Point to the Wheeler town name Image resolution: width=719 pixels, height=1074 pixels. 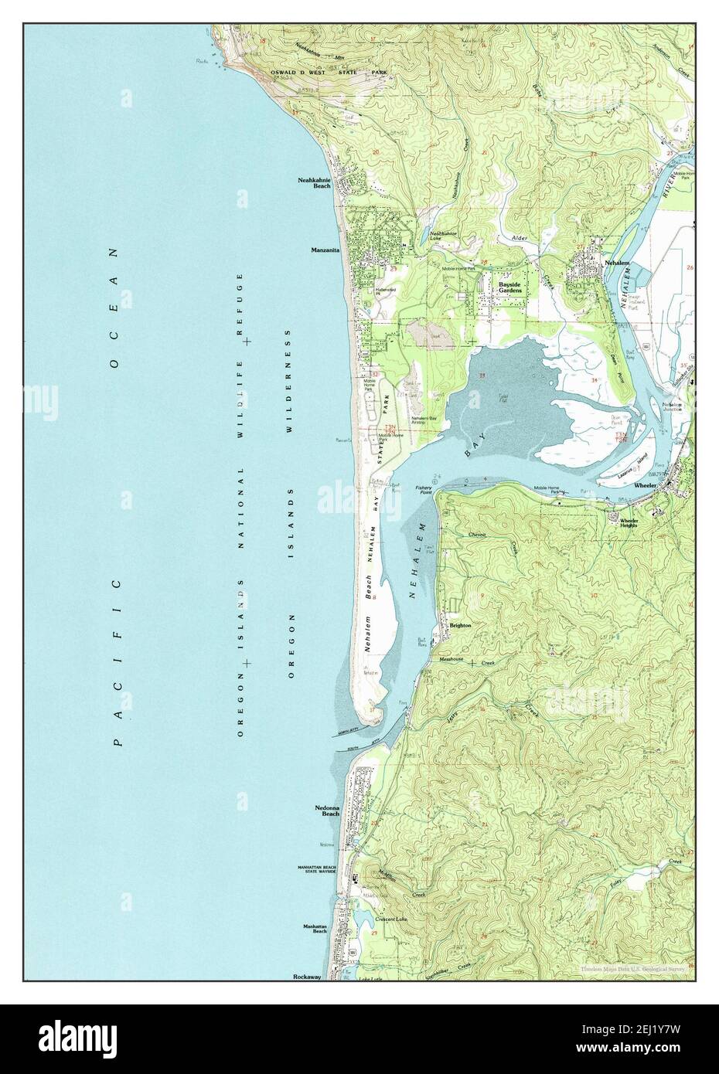(x=645, y=486)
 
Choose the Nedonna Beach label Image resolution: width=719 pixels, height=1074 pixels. (x=327, y=811)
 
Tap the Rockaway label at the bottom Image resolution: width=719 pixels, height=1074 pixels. (x=307, y=977)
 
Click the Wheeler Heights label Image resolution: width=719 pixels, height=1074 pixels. (x=629, y=523)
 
